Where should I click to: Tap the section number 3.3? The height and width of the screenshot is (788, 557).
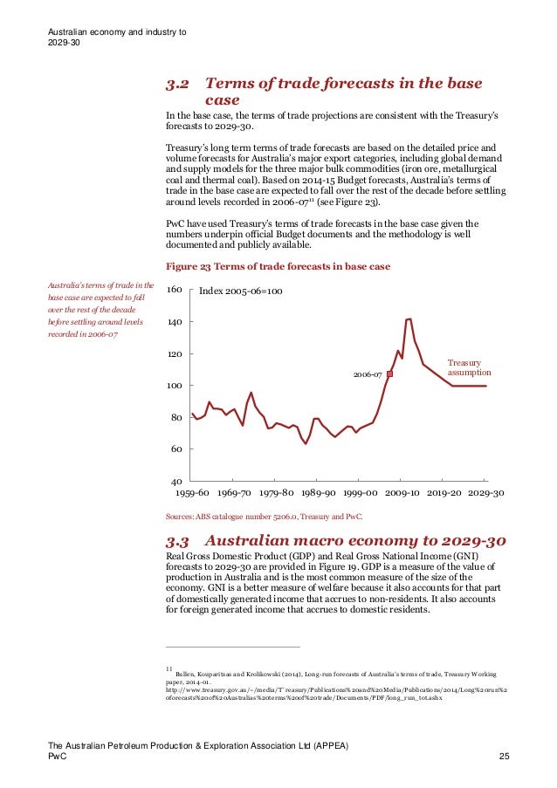(178, 541)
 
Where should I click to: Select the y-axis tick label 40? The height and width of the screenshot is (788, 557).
(175, 482)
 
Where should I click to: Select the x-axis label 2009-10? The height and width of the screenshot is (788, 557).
(402, 493)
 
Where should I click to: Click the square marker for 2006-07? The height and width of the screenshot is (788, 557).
(389, 373)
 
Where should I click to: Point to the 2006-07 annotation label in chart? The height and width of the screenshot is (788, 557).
(368, 374)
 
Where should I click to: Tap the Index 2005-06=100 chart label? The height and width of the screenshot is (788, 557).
(240, 291)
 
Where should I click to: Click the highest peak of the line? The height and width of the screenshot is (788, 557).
(409, 319)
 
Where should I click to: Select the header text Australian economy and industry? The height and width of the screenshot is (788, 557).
(114, 33)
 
